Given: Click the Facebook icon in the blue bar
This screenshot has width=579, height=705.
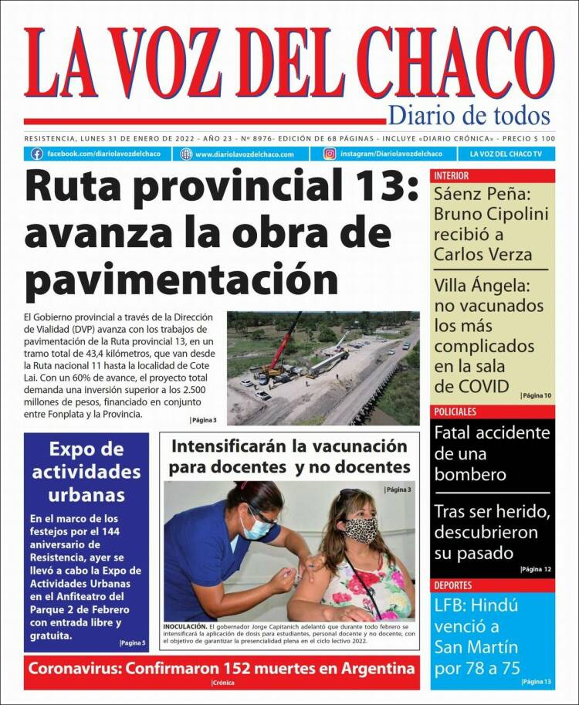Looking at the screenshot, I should click(x=36, y=154).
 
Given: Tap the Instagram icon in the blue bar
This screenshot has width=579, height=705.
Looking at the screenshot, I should click(x=330, y=154).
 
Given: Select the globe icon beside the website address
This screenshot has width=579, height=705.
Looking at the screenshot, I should click(x=186, y=154).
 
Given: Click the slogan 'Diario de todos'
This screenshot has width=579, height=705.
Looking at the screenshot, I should click(x=469, y=117).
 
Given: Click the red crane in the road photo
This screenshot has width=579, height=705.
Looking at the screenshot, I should click(x=287, y=340).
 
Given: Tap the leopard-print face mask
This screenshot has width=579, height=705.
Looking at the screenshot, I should click(x=361, y=529).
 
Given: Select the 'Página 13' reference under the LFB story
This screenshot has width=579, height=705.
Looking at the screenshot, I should click(x=537, y=682).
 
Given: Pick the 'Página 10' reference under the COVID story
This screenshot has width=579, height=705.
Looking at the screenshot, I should click(x=537, y=395).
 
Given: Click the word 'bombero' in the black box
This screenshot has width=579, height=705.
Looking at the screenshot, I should click(x=469, y=474).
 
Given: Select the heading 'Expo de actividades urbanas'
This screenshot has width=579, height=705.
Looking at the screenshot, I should click(x=85, y=471).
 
